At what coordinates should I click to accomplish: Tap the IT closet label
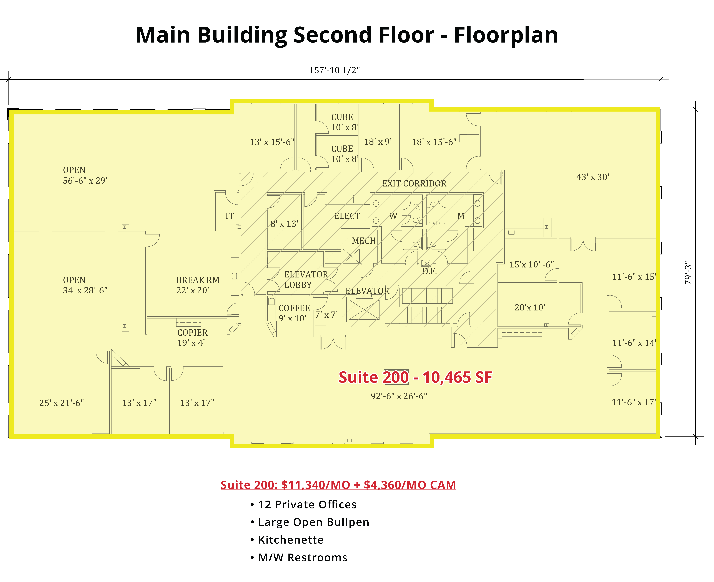tap(230, 216)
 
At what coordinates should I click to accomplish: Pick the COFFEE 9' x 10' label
tap(294, 313)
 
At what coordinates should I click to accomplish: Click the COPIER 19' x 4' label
tap(192, 338)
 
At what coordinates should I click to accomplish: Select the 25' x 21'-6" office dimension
tap(61, 403)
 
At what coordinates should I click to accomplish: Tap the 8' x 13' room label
tap(284, 224)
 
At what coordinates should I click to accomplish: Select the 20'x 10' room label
tap(530, 307)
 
